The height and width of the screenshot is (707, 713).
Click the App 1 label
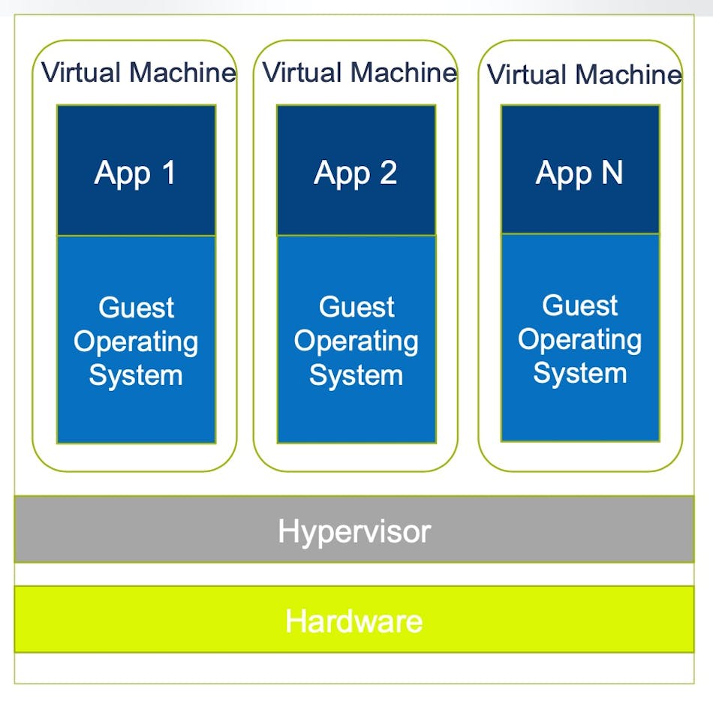(135, 173)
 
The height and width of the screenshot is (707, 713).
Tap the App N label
(579, 173)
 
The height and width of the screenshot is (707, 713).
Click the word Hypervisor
(354, 531)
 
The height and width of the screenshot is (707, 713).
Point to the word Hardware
(353, 621)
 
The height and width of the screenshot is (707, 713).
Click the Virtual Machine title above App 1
(138, 73)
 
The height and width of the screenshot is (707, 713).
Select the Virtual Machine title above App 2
(360, 73)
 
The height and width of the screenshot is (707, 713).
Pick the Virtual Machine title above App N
(584, 75)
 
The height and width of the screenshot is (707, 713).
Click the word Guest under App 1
(136, 308)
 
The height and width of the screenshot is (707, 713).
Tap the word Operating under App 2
(356, 341)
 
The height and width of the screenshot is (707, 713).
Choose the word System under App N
(579, 373)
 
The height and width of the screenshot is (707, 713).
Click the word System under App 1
(136, 375)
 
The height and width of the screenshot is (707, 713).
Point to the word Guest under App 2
(356, 307)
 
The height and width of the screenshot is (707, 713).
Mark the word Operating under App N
(579, 340)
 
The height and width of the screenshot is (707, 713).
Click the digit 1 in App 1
(167, 173)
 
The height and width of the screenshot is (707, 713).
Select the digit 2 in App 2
(387, 173)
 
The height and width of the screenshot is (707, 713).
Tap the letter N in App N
(611, 173)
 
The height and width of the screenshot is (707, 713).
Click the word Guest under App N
(579, 305)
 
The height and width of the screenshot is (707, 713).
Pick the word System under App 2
(356, 375)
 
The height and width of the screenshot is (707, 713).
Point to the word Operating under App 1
(136, 342)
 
